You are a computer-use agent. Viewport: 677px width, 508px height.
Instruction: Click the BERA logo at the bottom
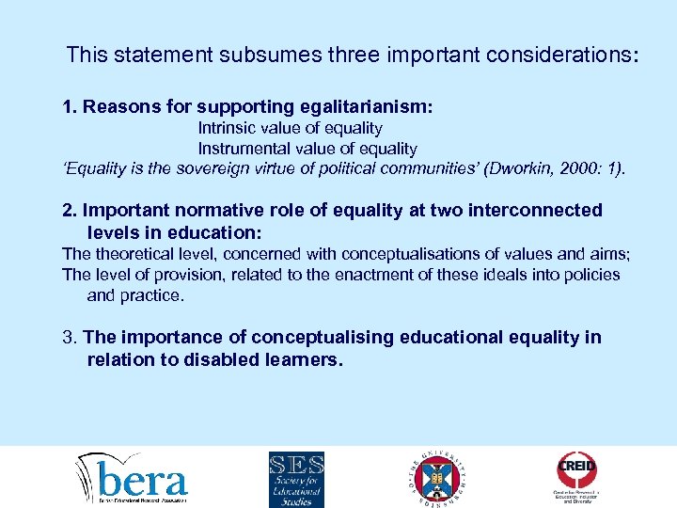coord(133,477)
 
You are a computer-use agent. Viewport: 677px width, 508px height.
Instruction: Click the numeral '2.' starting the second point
coord(70,210)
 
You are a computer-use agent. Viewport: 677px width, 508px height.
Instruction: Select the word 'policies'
coord(590,275)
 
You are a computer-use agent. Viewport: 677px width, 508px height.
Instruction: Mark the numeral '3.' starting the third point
coord(70,338)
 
